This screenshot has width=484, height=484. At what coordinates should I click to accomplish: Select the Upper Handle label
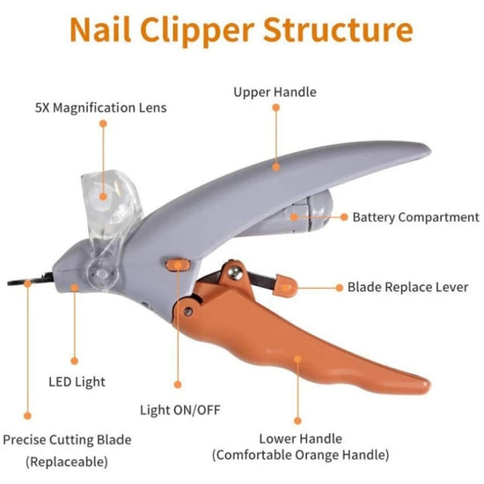tap(275, 92)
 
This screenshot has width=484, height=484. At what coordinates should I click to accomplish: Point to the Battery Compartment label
tap(415, 217)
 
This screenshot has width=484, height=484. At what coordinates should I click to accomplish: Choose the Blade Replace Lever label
tap(407, 287)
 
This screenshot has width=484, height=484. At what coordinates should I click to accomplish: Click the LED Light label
tap(77, 382)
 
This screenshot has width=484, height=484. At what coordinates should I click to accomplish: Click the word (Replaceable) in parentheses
tap(67, 460)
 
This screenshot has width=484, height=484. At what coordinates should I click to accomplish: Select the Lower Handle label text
tap(300, 437)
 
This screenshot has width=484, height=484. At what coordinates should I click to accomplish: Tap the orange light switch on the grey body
tap(180, 262)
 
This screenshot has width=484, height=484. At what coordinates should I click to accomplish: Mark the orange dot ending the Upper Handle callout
tap(275, 164)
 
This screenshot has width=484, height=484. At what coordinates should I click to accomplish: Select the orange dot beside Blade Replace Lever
tap(339, 287)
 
